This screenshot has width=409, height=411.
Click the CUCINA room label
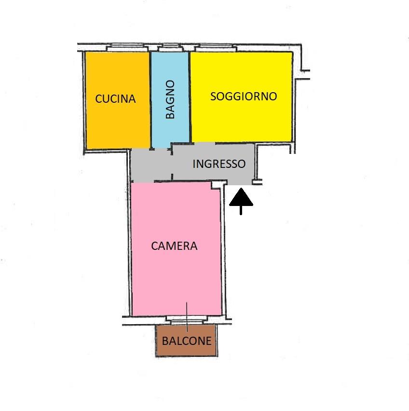(115, 99)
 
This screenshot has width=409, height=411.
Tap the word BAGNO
(170, 99)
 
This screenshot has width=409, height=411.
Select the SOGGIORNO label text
(244, 96)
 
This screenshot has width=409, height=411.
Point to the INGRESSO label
(219, 164)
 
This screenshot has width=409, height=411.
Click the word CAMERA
(174, 246)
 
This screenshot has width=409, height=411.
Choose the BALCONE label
(187, 341)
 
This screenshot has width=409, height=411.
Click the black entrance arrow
(241, 201)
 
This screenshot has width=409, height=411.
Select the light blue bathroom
(170, 99)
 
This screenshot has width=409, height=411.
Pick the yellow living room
(241, 97)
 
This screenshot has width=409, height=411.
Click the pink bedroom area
(176, 249)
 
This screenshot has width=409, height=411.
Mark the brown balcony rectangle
(187, 341)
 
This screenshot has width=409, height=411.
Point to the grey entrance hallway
(192, 163)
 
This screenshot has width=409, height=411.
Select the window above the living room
(216, 48)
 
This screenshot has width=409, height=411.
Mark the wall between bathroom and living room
(190, 97)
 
